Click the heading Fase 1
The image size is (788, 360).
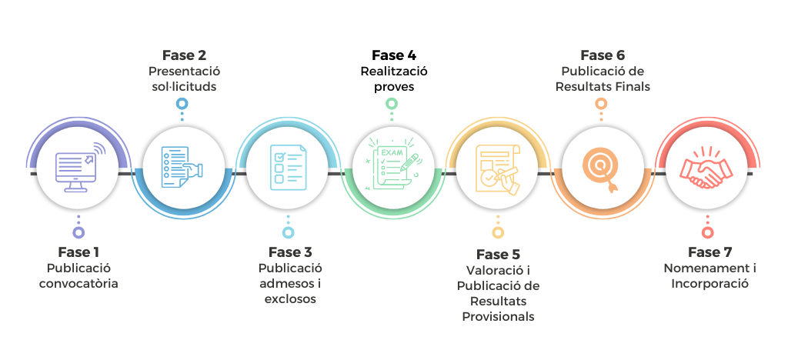pos(78,252)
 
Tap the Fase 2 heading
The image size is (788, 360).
pos(184,55)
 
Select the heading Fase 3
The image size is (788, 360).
pos(290,252)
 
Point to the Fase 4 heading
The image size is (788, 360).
pos(394,55)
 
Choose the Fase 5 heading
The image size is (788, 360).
pos(498,255)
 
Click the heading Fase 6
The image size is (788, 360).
pos(603,55)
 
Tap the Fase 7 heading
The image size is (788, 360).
pos(710,252)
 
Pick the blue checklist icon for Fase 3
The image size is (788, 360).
pos(289,167)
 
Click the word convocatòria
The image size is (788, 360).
pos(79,284)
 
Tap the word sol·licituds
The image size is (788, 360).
pos(184,87)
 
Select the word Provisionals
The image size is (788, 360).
pos(498,317)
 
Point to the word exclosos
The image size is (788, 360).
pos(290,299)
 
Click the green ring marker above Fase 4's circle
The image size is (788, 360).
pos(392,103)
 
